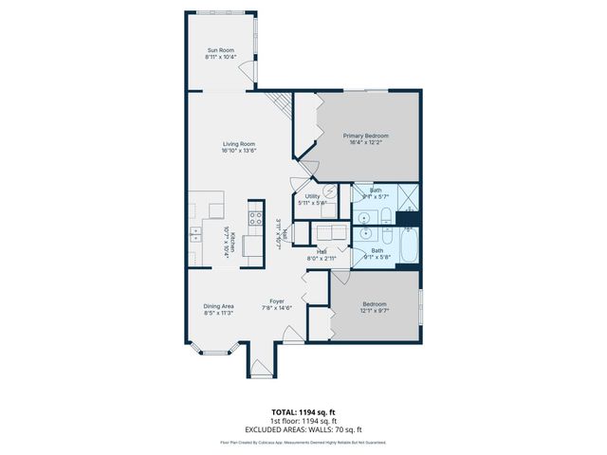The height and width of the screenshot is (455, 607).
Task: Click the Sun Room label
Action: click(220, 50)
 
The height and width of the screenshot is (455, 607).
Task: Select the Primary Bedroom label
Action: click(366, 136)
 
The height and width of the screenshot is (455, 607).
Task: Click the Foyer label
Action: click(277, 301)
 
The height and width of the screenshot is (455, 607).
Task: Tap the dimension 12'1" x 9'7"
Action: click(374, 311)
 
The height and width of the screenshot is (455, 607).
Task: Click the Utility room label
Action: click(312, 196)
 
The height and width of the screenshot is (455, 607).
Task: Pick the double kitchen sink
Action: click(195, 232)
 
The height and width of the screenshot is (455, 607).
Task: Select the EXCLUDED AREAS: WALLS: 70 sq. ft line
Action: click(303, 428)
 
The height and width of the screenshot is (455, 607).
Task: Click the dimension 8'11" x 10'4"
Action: click(220, 58)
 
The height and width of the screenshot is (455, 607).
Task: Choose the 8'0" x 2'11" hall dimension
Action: click(322, 258)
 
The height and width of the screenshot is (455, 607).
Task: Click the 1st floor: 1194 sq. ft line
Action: click(303, 421)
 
